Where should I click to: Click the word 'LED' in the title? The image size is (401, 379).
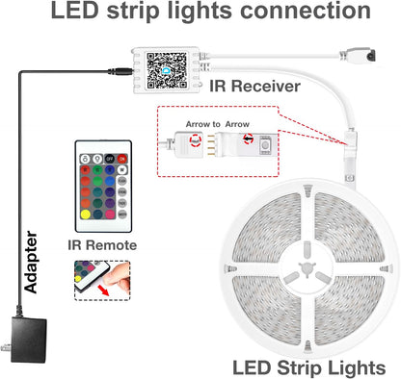pos(80,13)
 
